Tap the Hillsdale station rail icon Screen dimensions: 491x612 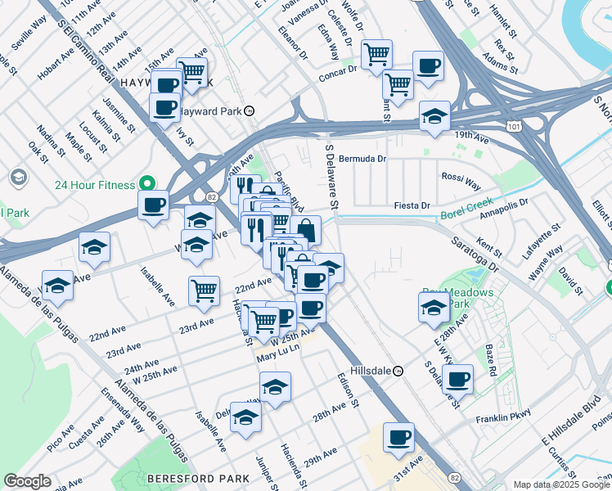[398, 371]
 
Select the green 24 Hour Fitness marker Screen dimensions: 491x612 [148, 184]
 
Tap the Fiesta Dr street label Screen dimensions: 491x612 [412, 205]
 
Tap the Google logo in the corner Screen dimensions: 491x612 [27, 481]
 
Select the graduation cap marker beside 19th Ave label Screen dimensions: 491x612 [434, 115]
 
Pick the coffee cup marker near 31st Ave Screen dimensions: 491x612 [398, 436]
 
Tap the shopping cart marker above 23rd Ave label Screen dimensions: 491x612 [204, 289]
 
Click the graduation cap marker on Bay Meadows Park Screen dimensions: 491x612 [434, 307]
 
